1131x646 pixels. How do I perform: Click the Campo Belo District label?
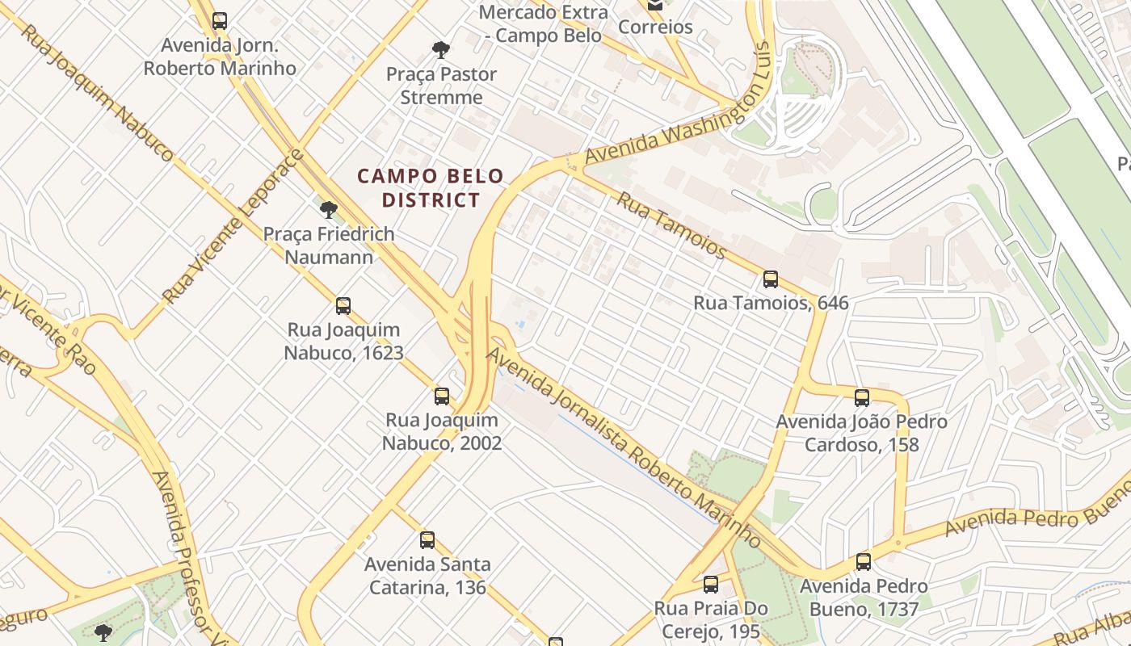click(431, 187)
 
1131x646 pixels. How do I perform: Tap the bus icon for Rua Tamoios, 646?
click(771, 279)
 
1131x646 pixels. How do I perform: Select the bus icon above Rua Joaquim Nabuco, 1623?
click(343, 306)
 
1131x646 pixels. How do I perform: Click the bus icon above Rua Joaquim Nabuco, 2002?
click(442, 396)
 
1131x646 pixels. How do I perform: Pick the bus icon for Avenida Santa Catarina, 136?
click(427, 540)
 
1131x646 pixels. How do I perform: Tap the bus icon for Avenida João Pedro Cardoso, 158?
click(862, 397)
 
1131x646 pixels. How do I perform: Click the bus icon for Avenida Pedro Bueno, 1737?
click(864, 562)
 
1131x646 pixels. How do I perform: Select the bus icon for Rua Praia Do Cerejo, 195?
click(711, 585)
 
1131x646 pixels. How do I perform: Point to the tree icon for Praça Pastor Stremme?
click(441, 50)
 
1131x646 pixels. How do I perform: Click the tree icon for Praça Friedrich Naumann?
click(328, 210)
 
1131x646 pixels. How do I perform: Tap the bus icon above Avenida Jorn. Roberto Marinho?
click(220, 21)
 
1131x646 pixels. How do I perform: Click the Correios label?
click(655, 27)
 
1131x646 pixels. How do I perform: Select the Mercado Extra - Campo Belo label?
click(543, 23)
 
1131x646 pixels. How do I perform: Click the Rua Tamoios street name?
click(671, 225)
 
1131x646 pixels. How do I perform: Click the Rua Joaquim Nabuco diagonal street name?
click(96, 91)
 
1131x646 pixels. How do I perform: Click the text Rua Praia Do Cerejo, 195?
click(711, 619)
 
